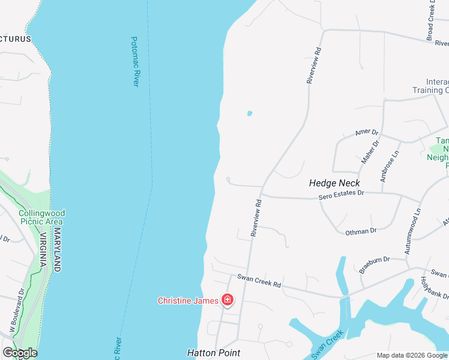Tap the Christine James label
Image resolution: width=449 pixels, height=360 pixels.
(x=188, y=301)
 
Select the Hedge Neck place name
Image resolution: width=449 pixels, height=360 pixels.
(x=334, y=183)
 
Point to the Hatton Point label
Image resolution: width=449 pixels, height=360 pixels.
(x=214, y=353)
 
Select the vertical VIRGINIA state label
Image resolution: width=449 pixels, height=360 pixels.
(x=43, y=249)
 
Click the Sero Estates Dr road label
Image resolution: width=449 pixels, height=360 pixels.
(x=341, y=193)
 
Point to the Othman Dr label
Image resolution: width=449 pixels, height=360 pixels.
(x=361, y=231)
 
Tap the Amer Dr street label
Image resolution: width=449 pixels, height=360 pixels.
(x=367, y=133)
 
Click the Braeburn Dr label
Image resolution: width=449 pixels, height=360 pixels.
(x=375, y=265)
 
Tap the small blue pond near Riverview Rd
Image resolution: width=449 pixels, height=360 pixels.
(x=249, y=113)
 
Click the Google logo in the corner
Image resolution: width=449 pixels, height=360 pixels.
(x=20, y=353)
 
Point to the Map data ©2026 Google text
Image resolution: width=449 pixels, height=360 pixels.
(x=412, y=355)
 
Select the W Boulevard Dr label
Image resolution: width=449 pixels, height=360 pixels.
(x=16, y=311)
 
